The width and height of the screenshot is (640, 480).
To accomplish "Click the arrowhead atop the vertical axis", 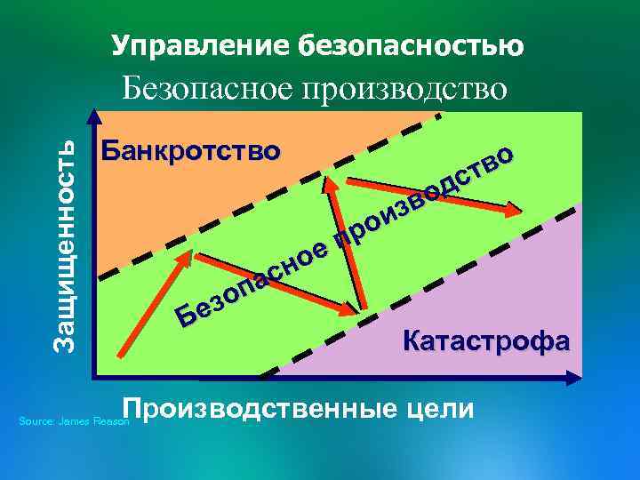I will (95, 116).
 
